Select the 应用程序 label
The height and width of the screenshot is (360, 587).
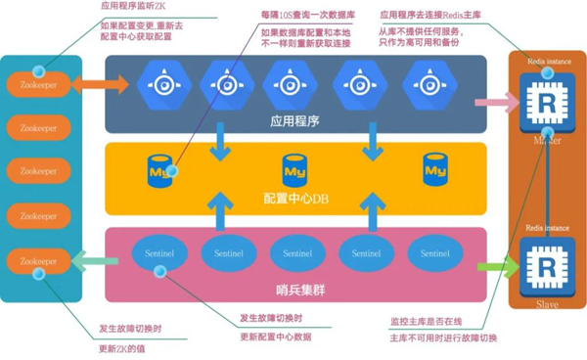coord(295,124)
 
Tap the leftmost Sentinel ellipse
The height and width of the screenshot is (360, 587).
coord(158,252)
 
